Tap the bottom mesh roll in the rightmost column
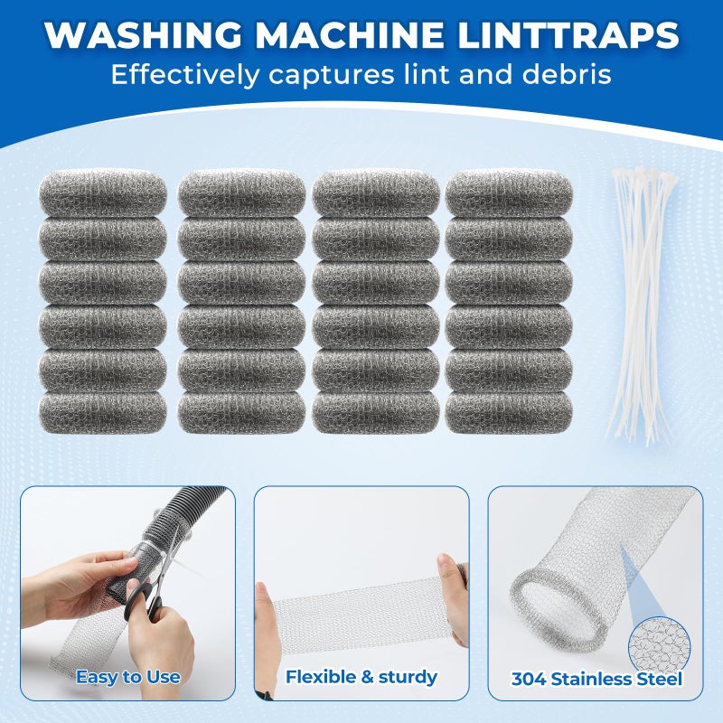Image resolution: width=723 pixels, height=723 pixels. click(x=509, y=411)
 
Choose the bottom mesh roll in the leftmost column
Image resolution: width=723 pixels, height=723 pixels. click(x=102, y=411)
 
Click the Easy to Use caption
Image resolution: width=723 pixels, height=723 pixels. click(x=127, y=676)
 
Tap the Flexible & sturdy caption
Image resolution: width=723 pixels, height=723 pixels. click(x=361, y=676)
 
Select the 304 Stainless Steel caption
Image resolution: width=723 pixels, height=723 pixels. click(x=596, y=679)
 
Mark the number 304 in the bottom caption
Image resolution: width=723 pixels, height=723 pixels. click(x=530, y=679)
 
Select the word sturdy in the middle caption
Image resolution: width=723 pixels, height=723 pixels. click(x=406, y=676)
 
